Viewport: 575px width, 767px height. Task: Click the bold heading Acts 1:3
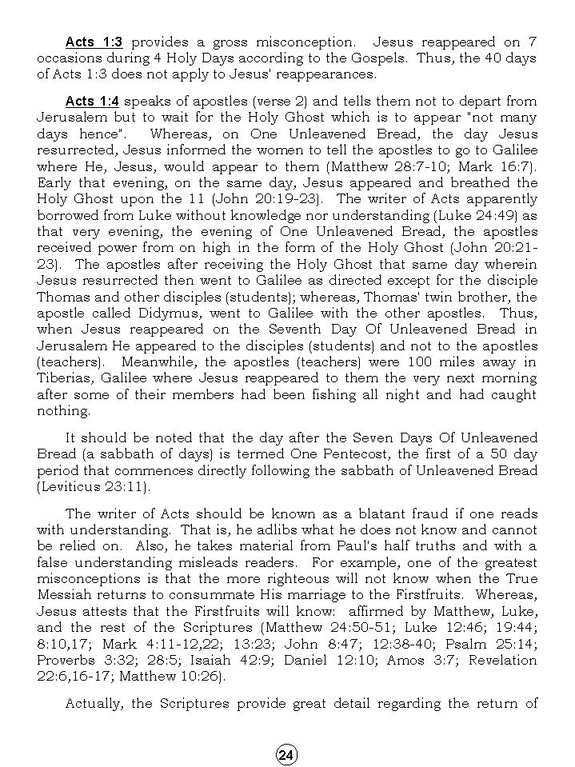coord(94,42)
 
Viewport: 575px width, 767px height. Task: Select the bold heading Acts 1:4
coord(92,102)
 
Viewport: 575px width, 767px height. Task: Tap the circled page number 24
coord(286,754)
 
